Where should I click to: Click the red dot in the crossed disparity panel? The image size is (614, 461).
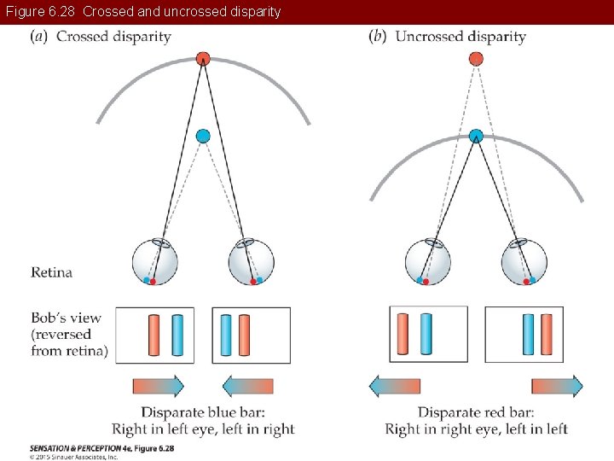tap(203, 58)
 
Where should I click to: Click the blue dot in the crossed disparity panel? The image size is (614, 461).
tap(203, 136)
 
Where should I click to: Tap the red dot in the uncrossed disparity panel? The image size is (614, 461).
tap(476, 58)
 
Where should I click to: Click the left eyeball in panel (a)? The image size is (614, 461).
tap(155, 262)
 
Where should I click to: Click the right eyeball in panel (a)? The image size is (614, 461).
tap(252, 262)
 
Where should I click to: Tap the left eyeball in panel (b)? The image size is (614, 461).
tap(427, 262)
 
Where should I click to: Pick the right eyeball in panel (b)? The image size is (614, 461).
tap(524, 262)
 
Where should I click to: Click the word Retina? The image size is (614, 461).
tap(51, 273)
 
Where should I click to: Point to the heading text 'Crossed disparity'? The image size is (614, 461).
tap(113, 37)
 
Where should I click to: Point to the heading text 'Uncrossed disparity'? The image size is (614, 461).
tap(460, 37)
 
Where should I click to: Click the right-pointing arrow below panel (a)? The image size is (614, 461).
tap(158, 386)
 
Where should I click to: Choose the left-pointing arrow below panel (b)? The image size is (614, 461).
tap(395, 386)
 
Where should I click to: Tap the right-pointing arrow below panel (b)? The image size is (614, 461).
tap(557, 386)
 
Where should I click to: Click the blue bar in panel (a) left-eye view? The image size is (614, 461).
tap(177, 335)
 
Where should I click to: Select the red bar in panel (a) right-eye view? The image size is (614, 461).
tap(244, 335)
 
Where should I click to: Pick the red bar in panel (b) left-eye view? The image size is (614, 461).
tap(403, 335)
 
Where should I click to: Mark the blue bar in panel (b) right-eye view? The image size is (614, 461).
tap(528, 335)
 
